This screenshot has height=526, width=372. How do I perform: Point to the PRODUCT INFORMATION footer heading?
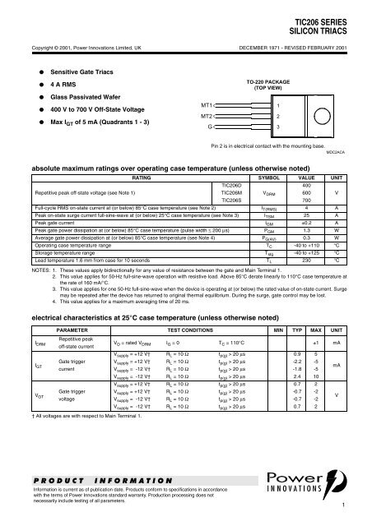pos(80,481)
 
